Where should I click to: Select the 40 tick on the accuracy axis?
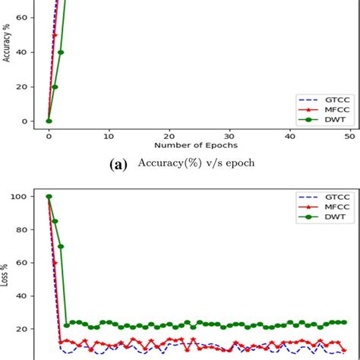pyautogui.click(x=25, y=52)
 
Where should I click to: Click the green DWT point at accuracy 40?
pyautogui.click(x=61, y=52)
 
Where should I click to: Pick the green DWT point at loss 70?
pyautogui.click(x=61, y=246)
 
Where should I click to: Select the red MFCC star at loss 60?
pyautogui.click(x=55, y=263)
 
